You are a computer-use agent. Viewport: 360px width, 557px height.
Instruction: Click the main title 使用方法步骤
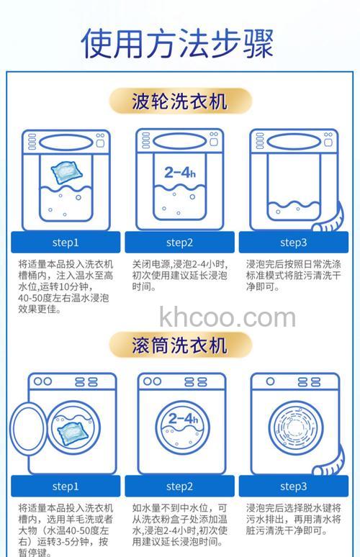click(179, 42)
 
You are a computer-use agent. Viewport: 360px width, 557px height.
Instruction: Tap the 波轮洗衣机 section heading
click(179, 101)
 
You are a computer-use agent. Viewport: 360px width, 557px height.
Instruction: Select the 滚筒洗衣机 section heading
click(179, 344)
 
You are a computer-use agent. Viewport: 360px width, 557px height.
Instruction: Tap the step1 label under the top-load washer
click(66, 242)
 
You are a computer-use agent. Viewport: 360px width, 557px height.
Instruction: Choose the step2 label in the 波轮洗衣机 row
click(179, 242)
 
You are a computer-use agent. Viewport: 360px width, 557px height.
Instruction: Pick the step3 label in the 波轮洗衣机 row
click(293, 242)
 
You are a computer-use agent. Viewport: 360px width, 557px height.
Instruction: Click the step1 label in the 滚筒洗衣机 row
click(66, 486)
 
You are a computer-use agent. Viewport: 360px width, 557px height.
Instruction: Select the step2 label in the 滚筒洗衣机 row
click(179, 486)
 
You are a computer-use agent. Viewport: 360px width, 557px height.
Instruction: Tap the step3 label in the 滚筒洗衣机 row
click(293, 486)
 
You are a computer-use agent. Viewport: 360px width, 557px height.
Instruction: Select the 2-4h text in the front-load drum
click(182, 419)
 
